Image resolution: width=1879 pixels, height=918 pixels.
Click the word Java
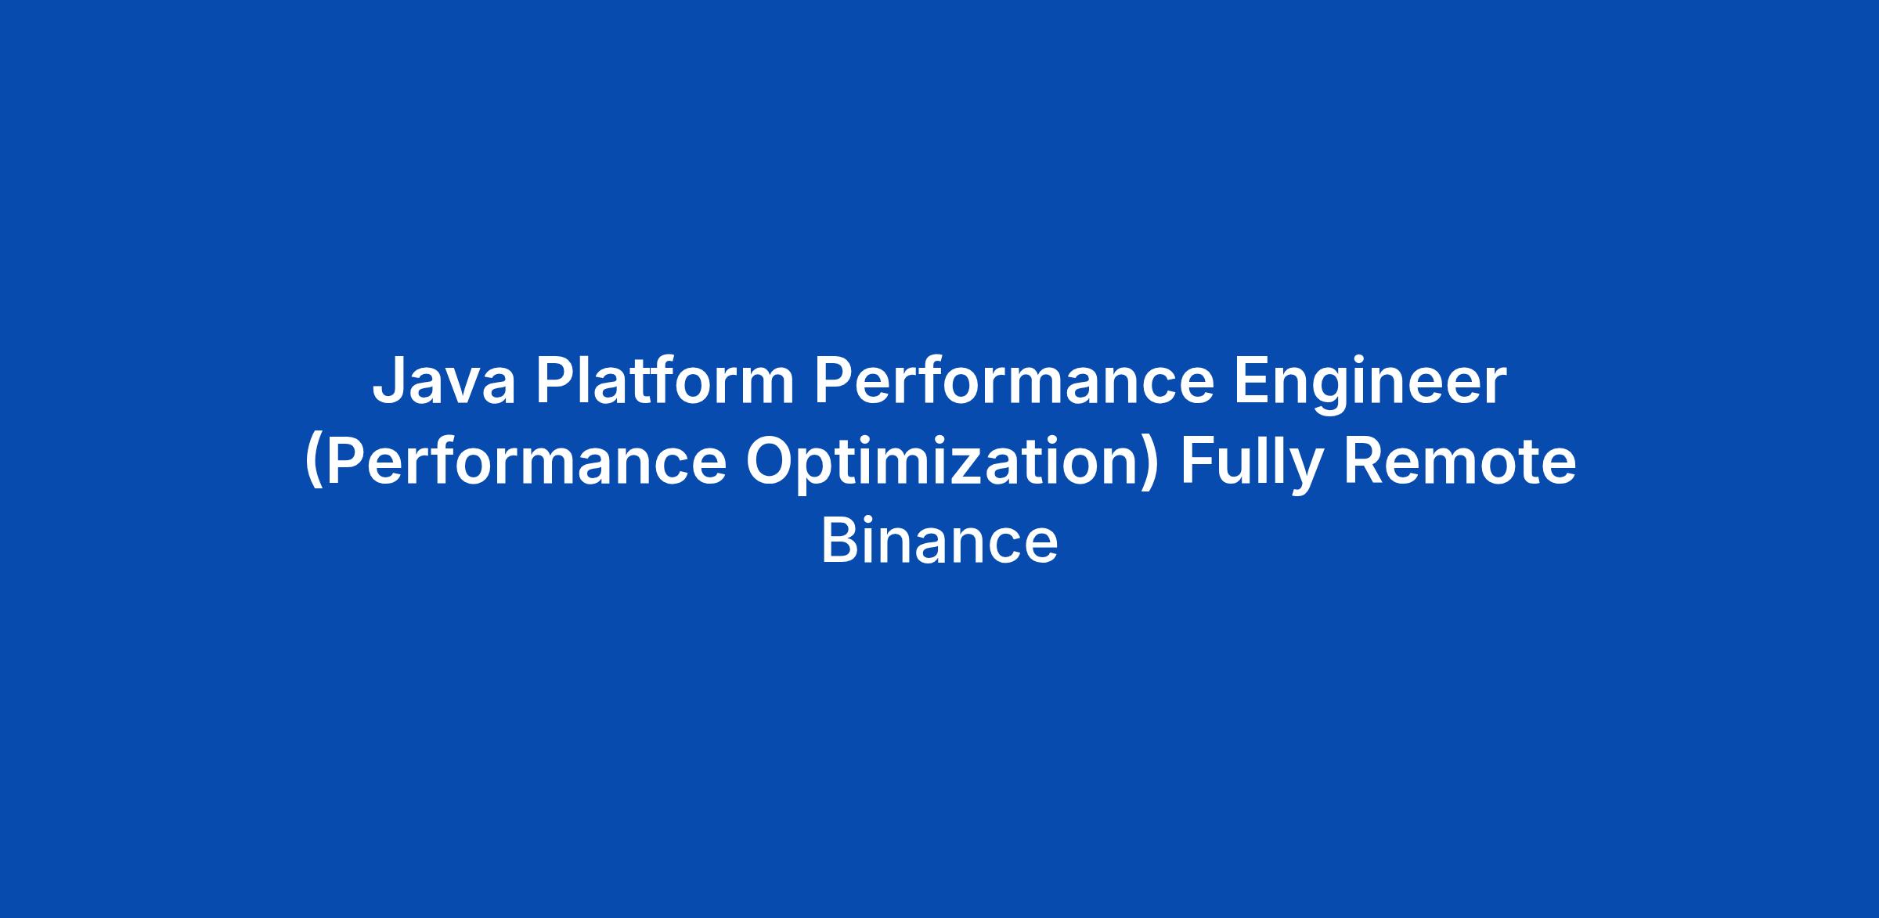pos(444,383)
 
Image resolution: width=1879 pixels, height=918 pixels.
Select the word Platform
pos(665,381)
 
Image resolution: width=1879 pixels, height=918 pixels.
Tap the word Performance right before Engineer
pos(1014,381)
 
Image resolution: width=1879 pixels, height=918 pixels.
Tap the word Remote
pos(1459,463)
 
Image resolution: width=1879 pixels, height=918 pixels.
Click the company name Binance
pos(939,542)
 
